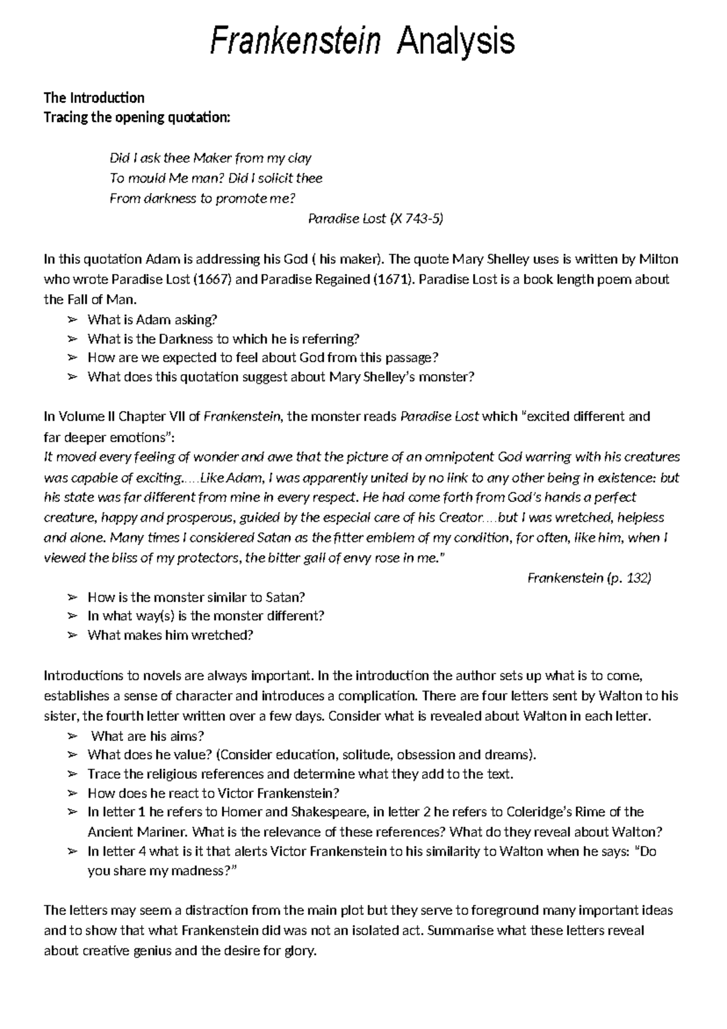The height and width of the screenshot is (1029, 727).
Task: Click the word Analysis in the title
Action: [455, 42]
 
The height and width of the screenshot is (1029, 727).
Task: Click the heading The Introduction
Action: [94, 98]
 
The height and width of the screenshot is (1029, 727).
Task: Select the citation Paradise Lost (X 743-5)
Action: [376, 219]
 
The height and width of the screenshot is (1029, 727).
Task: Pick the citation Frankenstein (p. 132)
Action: [589, 578]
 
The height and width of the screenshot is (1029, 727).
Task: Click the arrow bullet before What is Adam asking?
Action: [73, 320]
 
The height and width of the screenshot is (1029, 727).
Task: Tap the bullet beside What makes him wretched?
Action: [73, 635]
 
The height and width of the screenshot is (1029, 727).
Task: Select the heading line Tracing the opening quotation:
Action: [137, 118]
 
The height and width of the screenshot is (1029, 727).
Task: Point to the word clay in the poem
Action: [299, 159]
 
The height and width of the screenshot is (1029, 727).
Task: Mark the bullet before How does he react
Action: [73, 793]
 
